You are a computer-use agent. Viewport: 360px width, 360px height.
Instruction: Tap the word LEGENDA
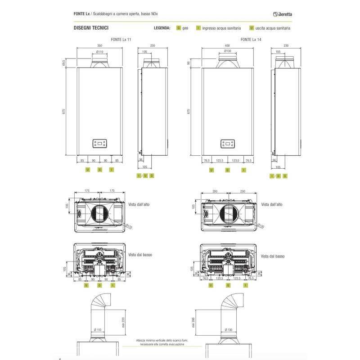click(x=162, y=28)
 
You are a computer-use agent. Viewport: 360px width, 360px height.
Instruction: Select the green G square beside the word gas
click(x=179, y=28)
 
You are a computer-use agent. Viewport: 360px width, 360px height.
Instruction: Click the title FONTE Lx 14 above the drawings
click(x=251, y=40)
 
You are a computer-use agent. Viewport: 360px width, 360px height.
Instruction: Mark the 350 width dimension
click(x=99, y=46)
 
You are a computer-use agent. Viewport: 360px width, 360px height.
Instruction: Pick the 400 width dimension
click(x=227, y=46)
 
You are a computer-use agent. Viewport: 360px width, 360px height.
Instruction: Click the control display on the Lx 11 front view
click(x=99, y=144)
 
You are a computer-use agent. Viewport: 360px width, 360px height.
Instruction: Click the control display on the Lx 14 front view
click(x=227, y=144)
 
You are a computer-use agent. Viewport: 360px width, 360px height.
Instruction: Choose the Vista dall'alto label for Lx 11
click(x=139, y=204)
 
